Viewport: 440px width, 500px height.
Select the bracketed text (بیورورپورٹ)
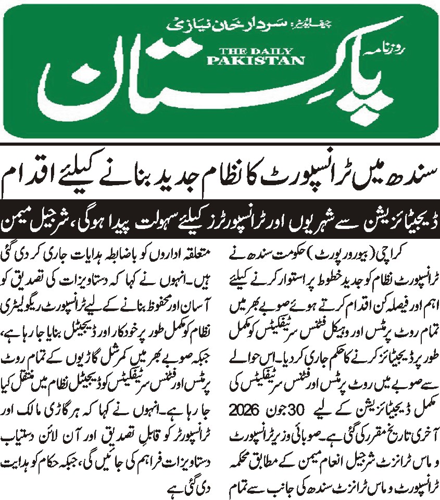point(368,255)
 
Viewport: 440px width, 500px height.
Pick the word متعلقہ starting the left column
point(200,255)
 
